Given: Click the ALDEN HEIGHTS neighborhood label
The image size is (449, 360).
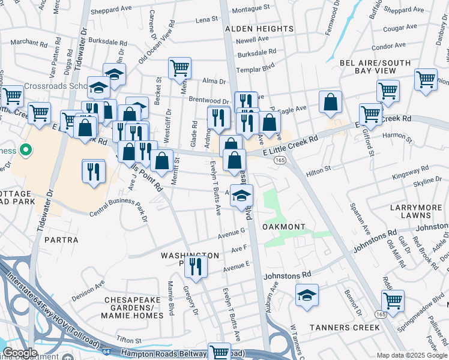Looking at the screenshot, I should pyautogui.click(x=248, y=28).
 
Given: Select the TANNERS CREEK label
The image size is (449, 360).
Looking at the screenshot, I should pyautogui.click(x=345, y=328).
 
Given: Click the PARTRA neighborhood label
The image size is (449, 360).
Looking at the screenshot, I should pyautogui.click(x=61, y=240).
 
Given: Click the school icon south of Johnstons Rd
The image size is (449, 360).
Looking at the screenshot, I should pyautogui.click(x=307, y=295).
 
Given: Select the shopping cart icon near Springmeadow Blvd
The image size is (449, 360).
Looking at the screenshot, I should pyautogui.click(x=393, y=301).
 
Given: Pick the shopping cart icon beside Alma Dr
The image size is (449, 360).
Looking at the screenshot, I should pyautogui.click(x=179, y=68).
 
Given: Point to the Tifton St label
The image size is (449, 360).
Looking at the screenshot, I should pyautogui.click(x=128, y=340).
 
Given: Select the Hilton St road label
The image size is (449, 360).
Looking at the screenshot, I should pyautogui.click(x=319, y=169).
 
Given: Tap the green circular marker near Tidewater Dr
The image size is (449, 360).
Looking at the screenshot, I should pyautogui.click(x=25, y=149).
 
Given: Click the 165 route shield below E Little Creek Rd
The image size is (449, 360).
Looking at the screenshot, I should pyautogui.click(x=280, y=160).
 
